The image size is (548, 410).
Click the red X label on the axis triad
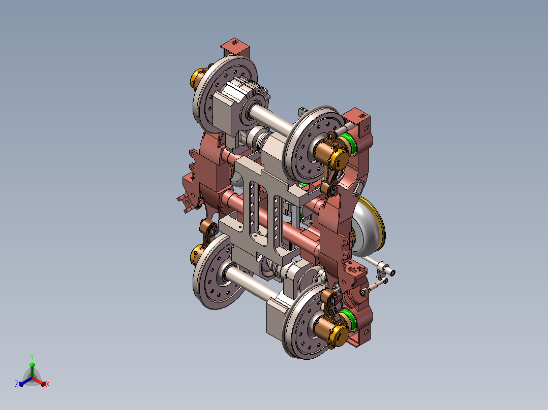point(48,384)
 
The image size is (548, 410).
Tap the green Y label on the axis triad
point(32,357)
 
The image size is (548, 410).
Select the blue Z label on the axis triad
point(17,384)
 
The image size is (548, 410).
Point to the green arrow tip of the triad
point(32,364)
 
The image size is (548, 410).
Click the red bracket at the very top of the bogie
point(235,48)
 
